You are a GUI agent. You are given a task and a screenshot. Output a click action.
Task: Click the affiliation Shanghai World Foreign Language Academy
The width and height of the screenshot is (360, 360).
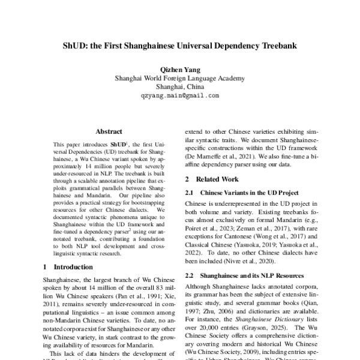coord(180,77)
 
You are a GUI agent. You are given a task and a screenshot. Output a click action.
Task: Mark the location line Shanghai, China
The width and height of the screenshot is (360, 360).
coord(180,86)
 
